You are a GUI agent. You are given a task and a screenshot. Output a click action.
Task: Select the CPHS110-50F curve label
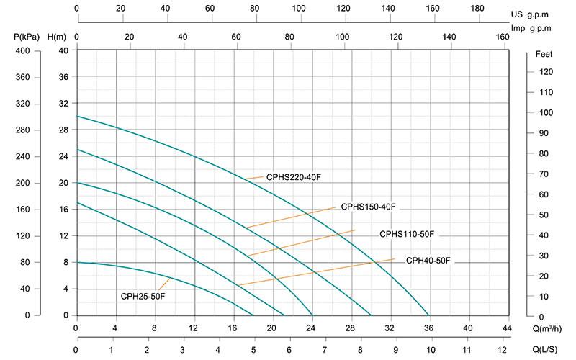coord(408,234)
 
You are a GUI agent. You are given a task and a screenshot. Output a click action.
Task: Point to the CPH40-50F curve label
coord(430,260)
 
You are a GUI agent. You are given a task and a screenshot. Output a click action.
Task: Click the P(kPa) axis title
coord(27,36)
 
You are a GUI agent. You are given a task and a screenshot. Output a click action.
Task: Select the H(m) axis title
coord(56,36)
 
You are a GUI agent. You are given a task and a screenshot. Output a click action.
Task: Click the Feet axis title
coord(544,55)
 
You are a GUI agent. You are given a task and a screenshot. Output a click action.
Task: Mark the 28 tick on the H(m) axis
coord(63,130)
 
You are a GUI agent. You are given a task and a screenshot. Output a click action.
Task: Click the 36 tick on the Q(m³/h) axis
coord(429,329)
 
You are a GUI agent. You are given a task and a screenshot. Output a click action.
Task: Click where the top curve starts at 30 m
coord(77,116)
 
